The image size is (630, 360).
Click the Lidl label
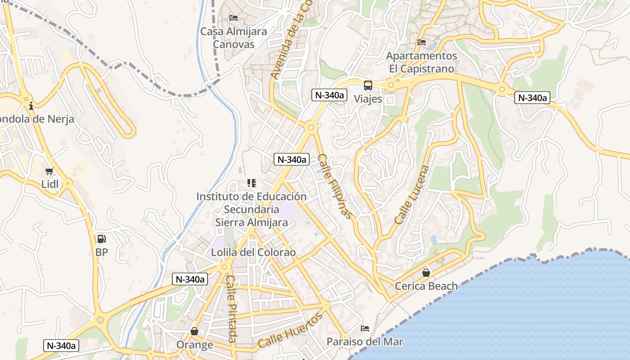click(x=50, y=184)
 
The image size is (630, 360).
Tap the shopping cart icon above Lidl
click(x=49, y=171)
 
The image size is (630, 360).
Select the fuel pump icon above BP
click(x=102, y=239)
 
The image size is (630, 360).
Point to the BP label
click(x=102, y=252)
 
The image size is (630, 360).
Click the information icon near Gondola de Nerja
click(x=31, y=106)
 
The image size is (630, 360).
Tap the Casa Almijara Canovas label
click(x=234, y=38)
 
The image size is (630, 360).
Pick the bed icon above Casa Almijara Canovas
click(x=234, y=18)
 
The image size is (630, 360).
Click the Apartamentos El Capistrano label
click(x=422, y=62)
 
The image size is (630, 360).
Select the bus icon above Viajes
click(x=368, y=85)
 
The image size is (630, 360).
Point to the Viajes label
click(x=368, y=99)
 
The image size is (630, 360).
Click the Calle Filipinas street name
click(x=335, y=186)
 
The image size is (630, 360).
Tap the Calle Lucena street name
click(x=412, y=195)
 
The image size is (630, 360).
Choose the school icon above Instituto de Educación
click(x=251, y=183)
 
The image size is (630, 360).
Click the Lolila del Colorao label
click(x=254, y=252)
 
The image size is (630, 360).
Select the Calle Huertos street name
click(x=290, y=331)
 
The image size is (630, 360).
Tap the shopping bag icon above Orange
click(x=194, y=332)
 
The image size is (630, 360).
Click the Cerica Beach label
click(x=426, y=286)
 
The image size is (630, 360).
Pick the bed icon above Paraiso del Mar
click(x=365, y=328)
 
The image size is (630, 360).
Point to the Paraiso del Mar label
click(x=365, y=342)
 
